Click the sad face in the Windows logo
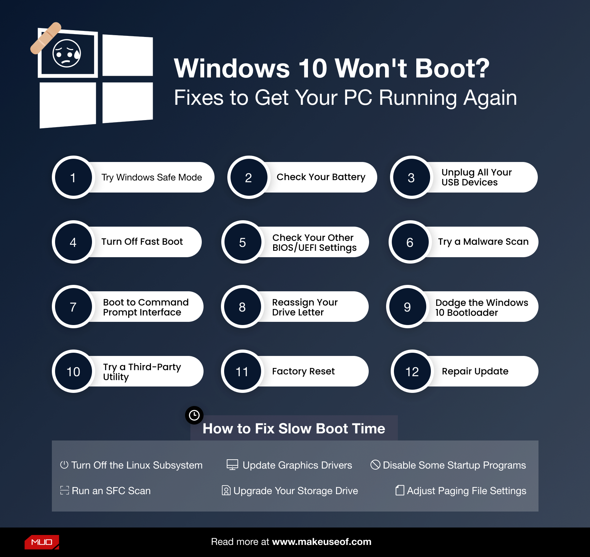click(67, 54)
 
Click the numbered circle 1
click(73, 177)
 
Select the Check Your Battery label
click(321, 177)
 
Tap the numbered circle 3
click(411, 177)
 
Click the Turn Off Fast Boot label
click(142, 242)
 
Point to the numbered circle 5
click(243, 242)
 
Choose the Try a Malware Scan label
click(483, 242)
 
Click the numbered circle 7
click(73, 307)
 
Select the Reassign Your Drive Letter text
click(305, 307)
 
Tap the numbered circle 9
click(407, 307)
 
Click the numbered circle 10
click(73, 371)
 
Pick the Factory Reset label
click(303, 371)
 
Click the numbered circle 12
click(412, 371)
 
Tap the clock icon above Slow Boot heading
click(194, 415)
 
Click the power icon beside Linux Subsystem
click(64, 465)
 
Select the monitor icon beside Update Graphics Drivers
click(232, 465)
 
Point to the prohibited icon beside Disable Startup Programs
click(375, 465)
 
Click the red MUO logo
click(42, 542)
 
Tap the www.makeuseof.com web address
click(321, 542)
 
